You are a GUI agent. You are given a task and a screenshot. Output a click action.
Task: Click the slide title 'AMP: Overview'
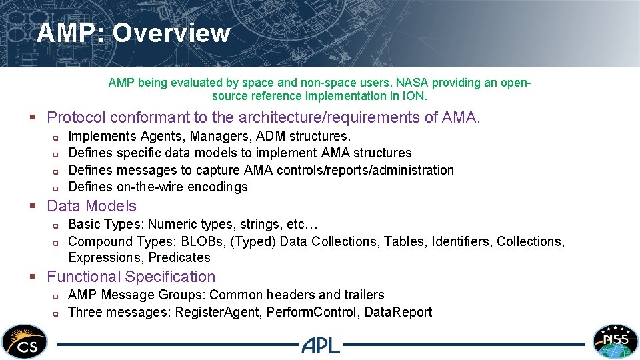pyautogui.click(x=133, y=33)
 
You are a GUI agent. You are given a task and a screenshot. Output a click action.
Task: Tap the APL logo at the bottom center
pyautogui.click(x=321, y=345)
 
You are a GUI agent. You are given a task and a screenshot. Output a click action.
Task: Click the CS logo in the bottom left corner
pyautogui.click(x=25, y=341)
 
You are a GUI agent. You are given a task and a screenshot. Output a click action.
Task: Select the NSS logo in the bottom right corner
pyautogui.click(x=615, y=341)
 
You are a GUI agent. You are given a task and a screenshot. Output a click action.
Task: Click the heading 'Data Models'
pyautogui.click(x=91, y=206)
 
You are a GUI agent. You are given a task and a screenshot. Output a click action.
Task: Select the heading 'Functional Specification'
pyautogui.click(x=131, y=277)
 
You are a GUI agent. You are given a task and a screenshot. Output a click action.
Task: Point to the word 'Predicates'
pyautogui.click(x=179, y=257)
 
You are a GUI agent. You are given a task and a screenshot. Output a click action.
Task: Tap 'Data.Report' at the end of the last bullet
pyautogui.click(x=398, y=312)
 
